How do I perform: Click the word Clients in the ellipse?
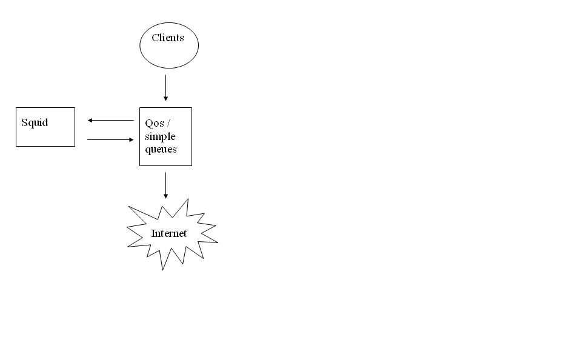click(x=167, y=38)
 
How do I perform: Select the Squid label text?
click(x=35, y=122)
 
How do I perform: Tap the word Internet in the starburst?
click(x=169, y=233)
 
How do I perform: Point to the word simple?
click(x=160, y=136)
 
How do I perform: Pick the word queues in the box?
click(x=161, y=149)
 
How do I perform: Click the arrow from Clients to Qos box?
click(x=165, y=87)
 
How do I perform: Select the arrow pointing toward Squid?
click(x=110, y=120)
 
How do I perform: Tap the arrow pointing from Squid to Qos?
click(x=110, y=139)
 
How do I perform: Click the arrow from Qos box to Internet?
click(x=165, y=184)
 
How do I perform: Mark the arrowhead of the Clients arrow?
click(x=165, y=98)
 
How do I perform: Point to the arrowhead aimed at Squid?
click(x=90, y=120)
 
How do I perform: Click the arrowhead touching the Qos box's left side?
click(x=131, y=139)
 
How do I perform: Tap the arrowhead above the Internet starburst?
click(x=165, y=196)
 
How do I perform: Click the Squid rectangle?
click(x=45, y=136)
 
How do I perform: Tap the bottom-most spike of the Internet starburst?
click(x=162, y=267)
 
